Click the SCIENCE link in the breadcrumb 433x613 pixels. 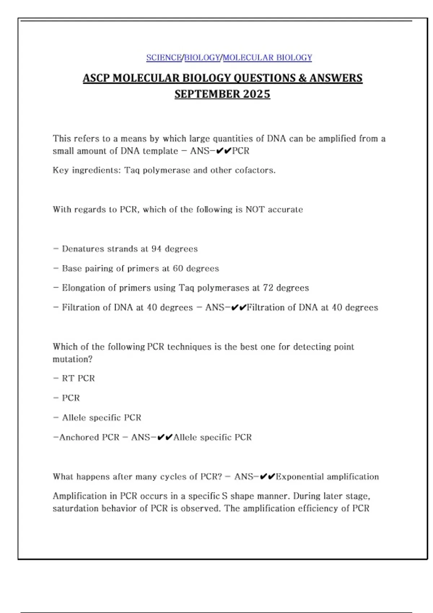pyautogui.click(x=164, y=58)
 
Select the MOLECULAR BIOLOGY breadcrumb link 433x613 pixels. pyautogui.click(x=267, y=58)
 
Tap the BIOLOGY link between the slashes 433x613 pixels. pyautogui.click(x=202, y=58)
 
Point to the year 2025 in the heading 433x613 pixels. pyautogui.click(x=257, y=94)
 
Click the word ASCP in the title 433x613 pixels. pyautogui.click(x=96, y=78)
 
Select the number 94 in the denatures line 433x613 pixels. pyautogui.click(x=156, y=249)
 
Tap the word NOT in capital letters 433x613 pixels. pyautogui.click(x=255, y=210)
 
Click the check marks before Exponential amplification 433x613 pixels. pyautogui.click(x=267, y=477)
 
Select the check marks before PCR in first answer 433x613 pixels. pyautogui.click(x=223, y=151)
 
